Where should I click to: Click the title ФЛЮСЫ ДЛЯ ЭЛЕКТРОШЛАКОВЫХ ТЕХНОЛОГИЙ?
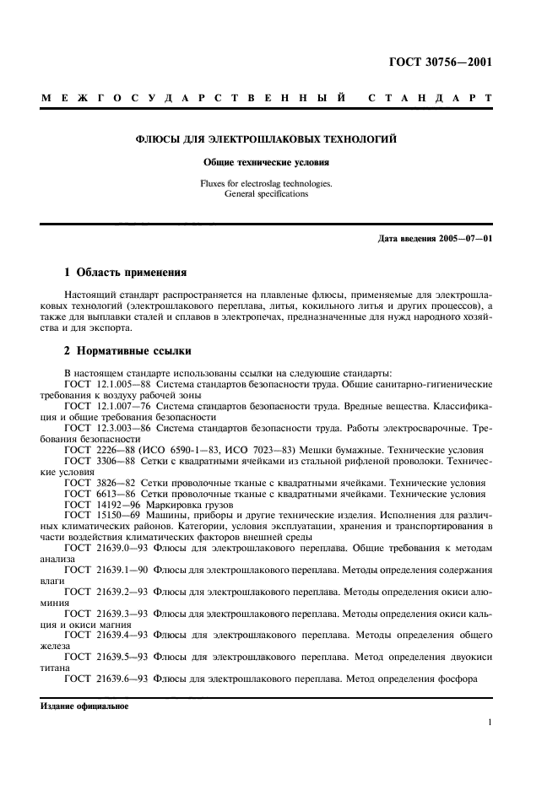267,138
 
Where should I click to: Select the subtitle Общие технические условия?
267,161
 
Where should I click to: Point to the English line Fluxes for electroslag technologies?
267,182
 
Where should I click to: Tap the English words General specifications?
267,193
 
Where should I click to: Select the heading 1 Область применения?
126,273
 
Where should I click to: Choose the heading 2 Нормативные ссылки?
128,350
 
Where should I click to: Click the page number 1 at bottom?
490,722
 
